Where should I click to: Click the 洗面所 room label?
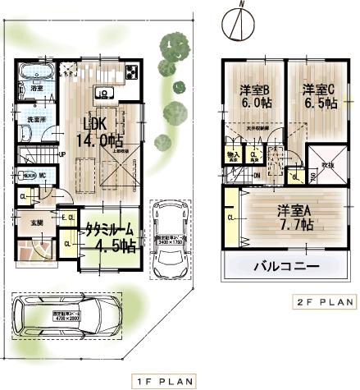pos(37,119)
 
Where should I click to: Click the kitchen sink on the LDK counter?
pos(104,90)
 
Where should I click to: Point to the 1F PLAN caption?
pos(163,381)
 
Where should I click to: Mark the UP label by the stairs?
pos(62,154)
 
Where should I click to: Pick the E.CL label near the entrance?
pos(66,217)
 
